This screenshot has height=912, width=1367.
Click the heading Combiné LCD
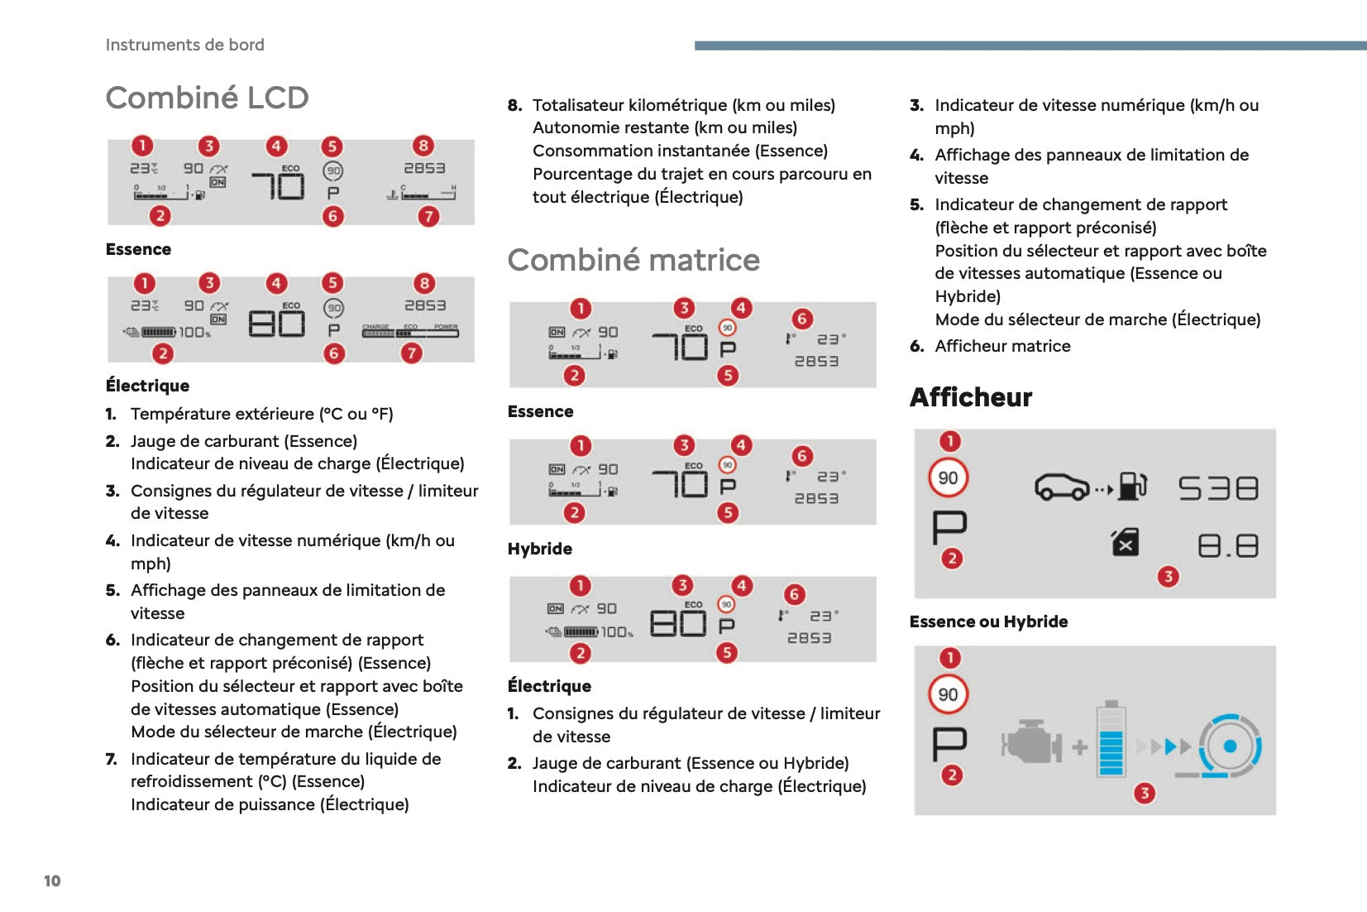pos(207,98)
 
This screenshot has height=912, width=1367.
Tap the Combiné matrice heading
pos(633,260)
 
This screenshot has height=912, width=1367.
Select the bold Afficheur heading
pos(971,397)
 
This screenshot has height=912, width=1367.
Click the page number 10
pos(52,881)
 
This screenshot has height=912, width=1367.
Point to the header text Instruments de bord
pos(184,45)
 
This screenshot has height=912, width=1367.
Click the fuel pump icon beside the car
pos(1132,486)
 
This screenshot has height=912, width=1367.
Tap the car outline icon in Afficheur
pos(1063,487)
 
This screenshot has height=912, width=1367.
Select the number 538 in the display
pos(1218,488)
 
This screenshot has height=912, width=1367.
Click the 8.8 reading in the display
pos(1228,546)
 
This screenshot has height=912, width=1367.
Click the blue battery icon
pos(1111,739)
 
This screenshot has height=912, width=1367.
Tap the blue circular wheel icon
pos(1230,746)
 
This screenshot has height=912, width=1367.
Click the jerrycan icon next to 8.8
pos(1126,543)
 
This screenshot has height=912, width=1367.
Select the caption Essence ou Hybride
pos(988,622)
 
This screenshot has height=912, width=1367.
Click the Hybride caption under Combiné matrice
pos(539,549)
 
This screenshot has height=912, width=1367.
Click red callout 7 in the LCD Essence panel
pos(428,217)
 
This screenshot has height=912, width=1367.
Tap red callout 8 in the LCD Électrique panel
pos(424,283)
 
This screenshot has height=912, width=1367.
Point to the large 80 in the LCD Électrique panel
pos(277,323)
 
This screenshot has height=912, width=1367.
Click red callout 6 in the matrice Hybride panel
pos(801,456)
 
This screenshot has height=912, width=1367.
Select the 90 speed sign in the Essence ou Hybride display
pos(948,478)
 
